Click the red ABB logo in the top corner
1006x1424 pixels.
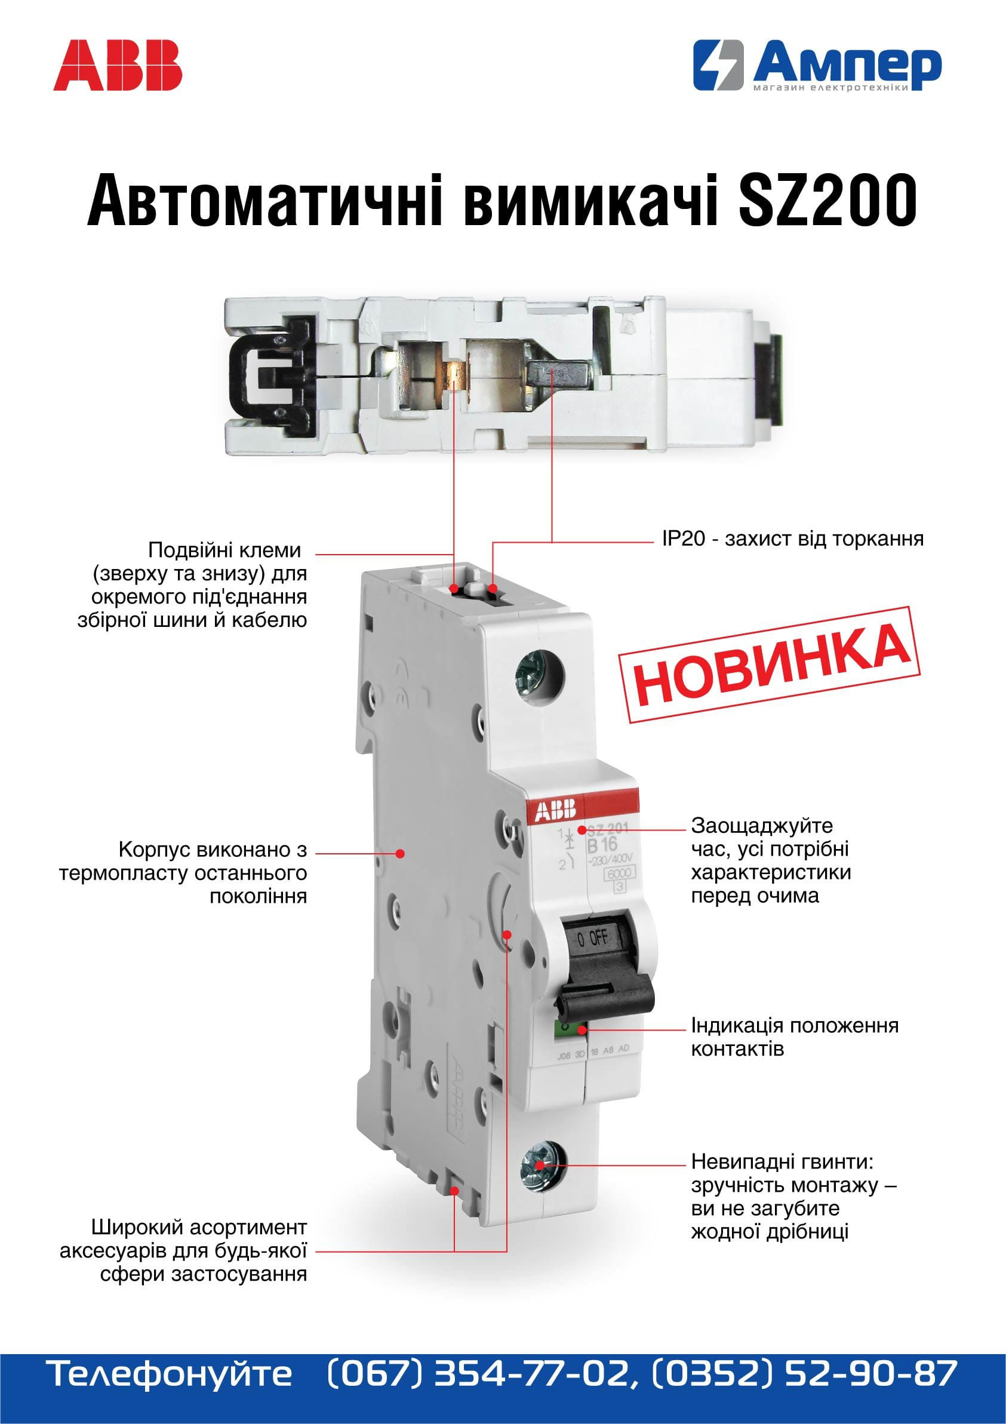pos(118,66)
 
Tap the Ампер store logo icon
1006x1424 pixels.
pos(718,66)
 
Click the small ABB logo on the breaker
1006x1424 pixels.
pos(552,810)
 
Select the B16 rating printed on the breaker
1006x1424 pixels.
pos(602,845)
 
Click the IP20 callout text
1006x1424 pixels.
pos(793,539)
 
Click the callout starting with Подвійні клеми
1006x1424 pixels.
pos(193,585)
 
